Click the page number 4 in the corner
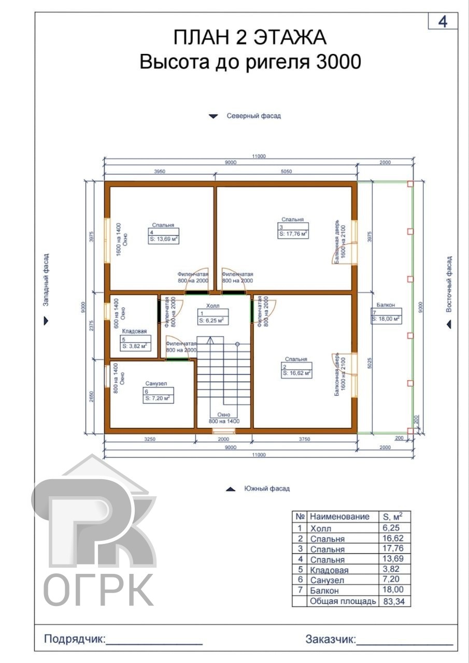(443, 22)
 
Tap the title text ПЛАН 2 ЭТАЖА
(250, 37)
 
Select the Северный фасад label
(254, 116)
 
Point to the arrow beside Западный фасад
(46, 321)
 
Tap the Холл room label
(213, 306)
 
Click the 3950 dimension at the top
(160, 171)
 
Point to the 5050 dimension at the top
(286, 171)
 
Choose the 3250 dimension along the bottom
(150, 439)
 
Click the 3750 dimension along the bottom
(304, 439)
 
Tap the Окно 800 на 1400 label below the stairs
(224, 418)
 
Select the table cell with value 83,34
(394, 601)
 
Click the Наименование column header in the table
(339, 517)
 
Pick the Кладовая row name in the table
(329, 570)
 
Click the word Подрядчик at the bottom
(75, 639)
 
